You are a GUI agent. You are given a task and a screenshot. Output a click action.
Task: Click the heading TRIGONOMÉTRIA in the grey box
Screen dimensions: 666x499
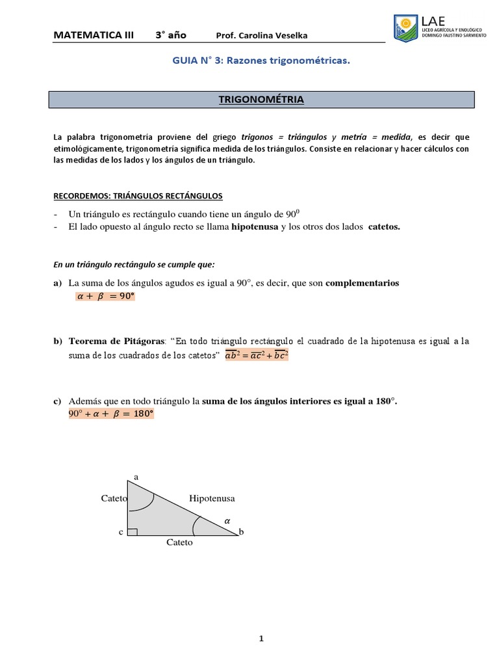(262, 100)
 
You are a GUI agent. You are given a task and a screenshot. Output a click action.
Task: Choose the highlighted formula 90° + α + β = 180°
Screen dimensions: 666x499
(111, 414)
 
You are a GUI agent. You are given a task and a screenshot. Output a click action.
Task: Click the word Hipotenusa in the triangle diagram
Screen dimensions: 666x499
(211, 498)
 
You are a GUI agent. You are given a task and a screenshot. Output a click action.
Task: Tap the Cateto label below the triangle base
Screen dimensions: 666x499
(179, 542)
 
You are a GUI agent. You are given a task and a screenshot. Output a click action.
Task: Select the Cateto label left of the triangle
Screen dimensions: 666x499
(114, 498)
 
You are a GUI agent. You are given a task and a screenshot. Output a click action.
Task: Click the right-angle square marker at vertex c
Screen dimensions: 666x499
(132, 532)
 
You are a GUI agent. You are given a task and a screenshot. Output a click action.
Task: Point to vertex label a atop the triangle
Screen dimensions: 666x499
(136, 477)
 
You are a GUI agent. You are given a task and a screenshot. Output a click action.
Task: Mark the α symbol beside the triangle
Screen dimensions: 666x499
(227, 520)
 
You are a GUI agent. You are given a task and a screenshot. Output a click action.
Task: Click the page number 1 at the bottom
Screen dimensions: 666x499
(261, 639)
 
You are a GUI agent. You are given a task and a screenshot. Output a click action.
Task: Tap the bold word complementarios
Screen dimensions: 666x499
(362, 283)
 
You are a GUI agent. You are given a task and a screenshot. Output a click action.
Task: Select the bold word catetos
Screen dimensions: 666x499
(384, 226)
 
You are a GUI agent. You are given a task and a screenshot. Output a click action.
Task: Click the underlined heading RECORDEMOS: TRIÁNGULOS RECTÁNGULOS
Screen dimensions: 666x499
(137, 195)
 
